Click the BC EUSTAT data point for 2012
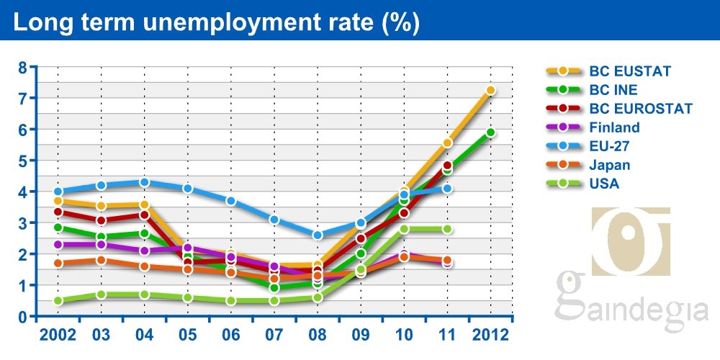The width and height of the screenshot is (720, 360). (x=490, y=91)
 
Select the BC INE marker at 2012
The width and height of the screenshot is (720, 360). (x=490, y=132)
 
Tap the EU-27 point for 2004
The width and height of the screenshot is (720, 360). (x=144, y=182)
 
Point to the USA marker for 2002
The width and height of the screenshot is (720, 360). (x=58, y=301)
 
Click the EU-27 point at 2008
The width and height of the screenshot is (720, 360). (x=318, y=235)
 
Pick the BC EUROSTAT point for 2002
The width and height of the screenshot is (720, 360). (x=58, y=212)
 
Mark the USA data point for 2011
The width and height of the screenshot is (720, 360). (x=447, y=229)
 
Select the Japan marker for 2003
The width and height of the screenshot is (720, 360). (x=101, y=260)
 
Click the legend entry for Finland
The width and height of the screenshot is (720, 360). (x=614, y=127)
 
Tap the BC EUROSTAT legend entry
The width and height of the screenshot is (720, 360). (x=640, y=109)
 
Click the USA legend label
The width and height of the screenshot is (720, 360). (x=604, y=184)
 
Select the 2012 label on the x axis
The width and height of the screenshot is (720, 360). (x=490, y=335)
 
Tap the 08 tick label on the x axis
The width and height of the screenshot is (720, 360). (x=318, y=335)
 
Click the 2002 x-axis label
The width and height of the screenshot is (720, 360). (x=58, y=335)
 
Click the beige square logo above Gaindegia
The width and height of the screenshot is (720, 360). (x=630, y=240)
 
